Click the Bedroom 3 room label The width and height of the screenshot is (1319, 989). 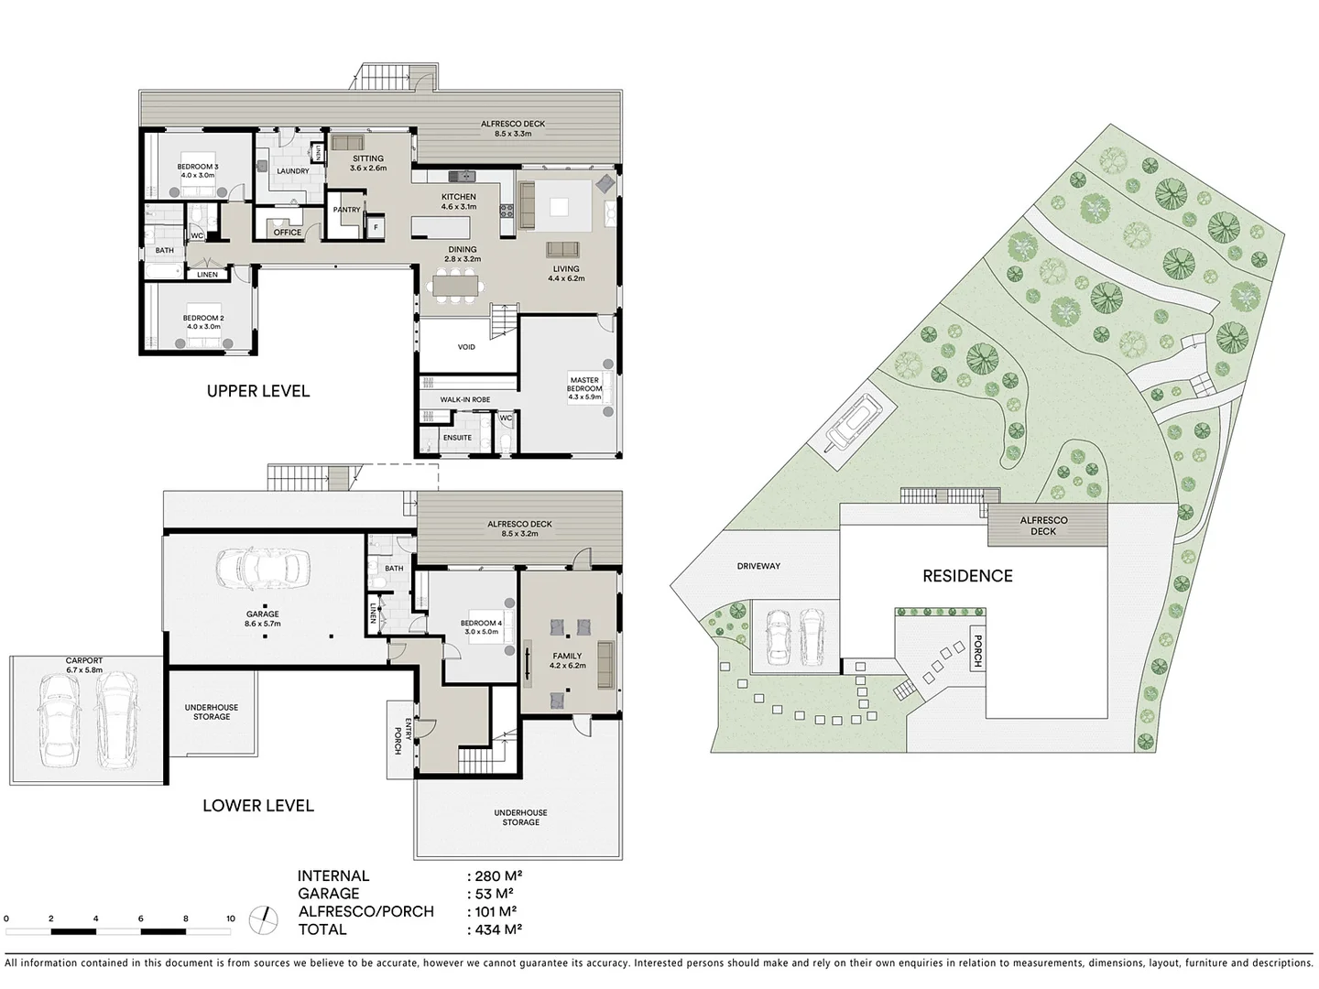(x=197, y=170)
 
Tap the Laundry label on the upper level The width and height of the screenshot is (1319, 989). (x=293, y=171)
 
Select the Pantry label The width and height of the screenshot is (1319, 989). (x=346, y=210)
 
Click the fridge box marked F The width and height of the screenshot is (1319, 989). (x=376, y=226)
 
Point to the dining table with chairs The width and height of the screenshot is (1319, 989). (x=454, y=286)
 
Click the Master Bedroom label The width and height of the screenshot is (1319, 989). (x=584, y=388)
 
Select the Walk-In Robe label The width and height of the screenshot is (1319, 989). (x=464, y=400)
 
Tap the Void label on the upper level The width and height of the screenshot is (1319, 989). (x=466, y=347)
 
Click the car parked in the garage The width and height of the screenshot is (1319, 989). (x=263, y=569)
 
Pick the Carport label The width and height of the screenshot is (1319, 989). (x=84, y=665)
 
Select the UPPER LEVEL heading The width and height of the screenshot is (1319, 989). (x=258, y=391)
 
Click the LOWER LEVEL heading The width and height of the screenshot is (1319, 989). (x=258, y=806)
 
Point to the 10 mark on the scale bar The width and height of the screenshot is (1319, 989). (x=230, y=918)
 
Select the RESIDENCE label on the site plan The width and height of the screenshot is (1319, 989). (x=967, y=576)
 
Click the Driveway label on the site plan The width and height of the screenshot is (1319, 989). (x=758, y=566)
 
